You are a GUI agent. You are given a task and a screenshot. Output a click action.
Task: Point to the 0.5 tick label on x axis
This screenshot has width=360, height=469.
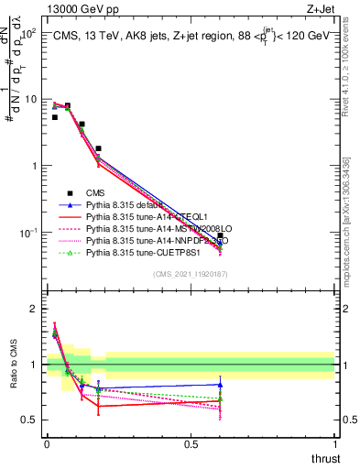pyautogui.click(x=191, y=444)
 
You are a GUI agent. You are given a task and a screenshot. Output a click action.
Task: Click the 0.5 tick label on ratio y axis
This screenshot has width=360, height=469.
pyautogui.click(x=30, y=420)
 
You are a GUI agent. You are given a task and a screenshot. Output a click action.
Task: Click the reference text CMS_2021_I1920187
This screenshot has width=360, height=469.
pyautogui.click(x=190, y=275)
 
